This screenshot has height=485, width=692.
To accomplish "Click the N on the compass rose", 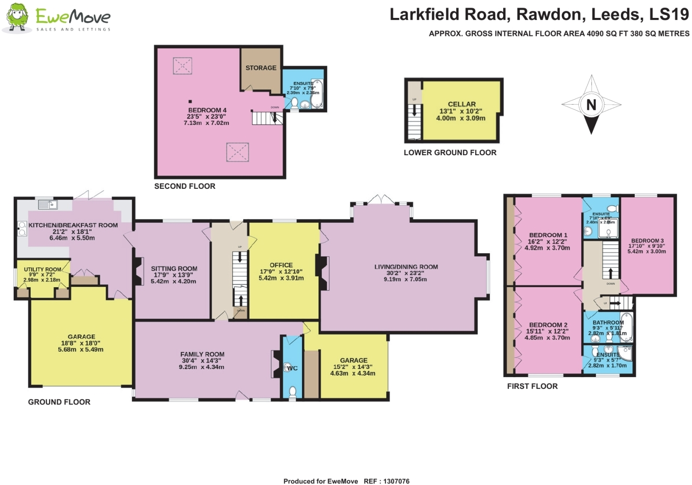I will click(591, 105).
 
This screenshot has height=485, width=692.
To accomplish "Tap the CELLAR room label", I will click(461, 104).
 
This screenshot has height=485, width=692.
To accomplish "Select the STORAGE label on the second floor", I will click(261, 68).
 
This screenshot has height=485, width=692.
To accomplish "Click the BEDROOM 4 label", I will click(207, 110).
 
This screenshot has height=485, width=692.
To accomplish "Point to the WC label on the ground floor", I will click(292, 368).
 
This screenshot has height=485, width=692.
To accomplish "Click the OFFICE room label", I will click(281, 265).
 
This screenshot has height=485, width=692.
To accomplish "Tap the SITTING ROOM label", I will click(174, 268).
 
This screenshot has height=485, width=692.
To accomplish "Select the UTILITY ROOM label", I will click(43, 269).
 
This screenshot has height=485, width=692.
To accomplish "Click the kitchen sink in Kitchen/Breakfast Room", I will click(48, 204).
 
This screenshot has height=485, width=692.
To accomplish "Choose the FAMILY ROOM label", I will click(202, 354).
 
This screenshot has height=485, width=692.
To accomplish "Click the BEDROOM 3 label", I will click(647, 240).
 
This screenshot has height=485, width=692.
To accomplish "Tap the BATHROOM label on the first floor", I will click(608, 322).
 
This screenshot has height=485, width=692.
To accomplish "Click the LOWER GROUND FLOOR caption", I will click(450, 152).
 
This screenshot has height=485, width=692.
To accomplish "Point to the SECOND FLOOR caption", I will click(185, 186).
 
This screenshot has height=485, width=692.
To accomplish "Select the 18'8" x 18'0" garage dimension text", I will click(80, 343).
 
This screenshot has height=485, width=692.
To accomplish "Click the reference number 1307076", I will click(396, 481).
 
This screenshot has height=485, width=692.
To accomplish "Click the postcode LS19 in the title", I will click(669, 15).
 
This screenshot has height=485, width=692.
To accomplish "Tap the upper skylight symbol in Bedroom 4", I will click(182, 66).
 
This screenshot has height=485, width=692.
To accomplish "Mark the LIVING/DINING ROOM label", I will click(406, 267).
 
